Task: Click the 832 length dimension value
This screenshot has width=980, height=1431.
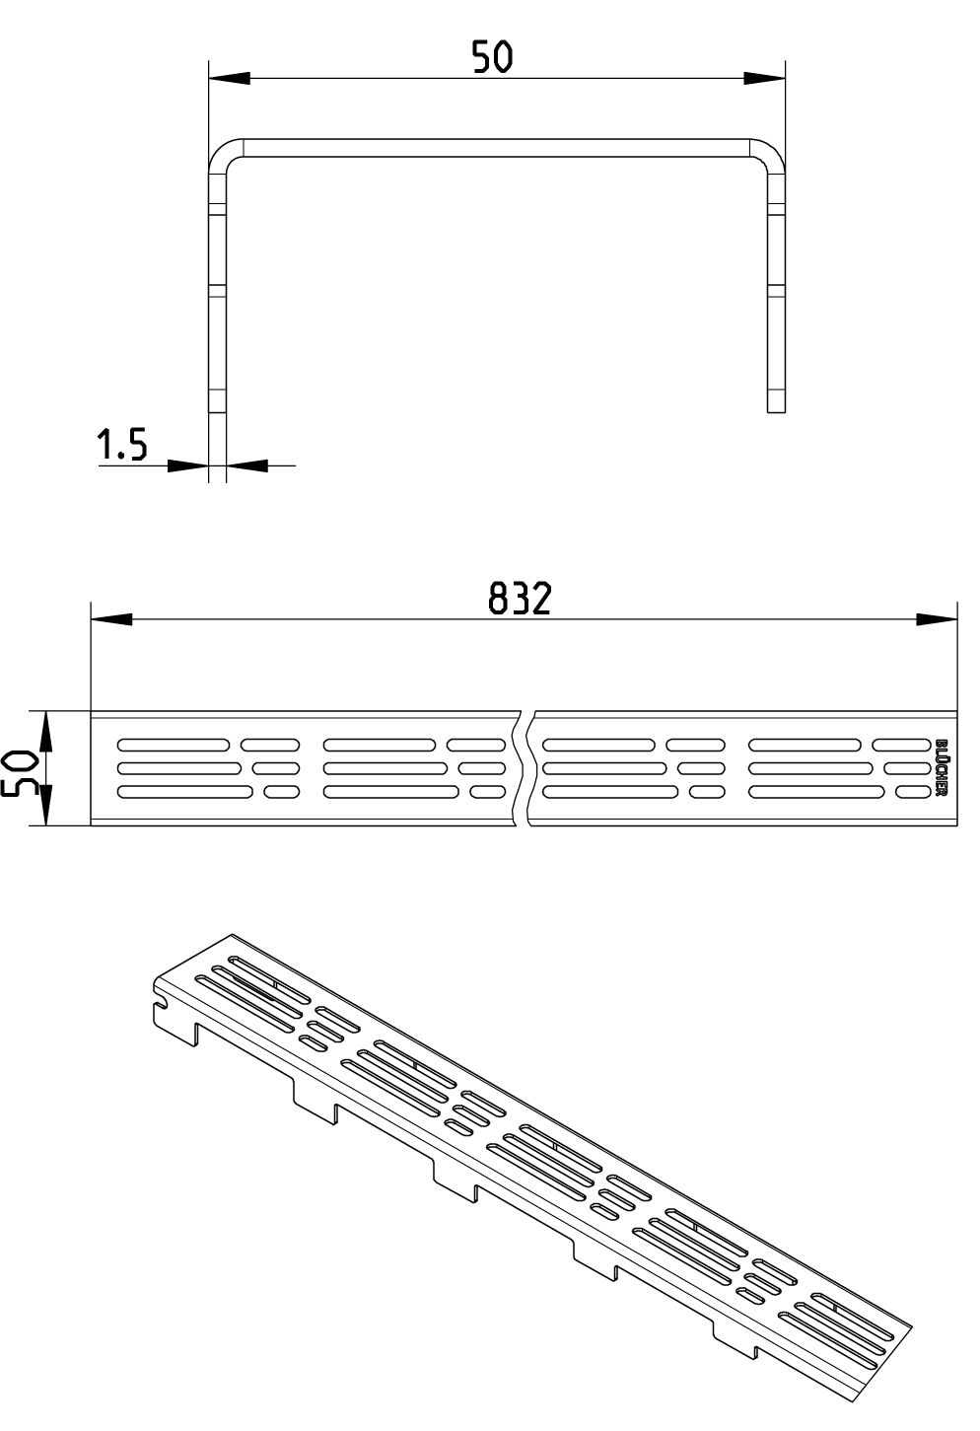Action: click(519, 599)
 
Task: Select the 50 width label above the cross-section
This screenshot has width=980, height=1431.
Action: click(492, 56)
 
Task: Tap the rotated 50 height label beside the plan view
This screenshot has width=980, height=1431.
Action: click(17, 773)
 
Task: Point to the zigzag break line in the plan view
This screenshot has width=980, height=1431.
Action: click(525, 768)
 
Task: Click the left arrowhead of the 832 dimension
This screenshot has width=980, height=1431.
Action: click(111, 619)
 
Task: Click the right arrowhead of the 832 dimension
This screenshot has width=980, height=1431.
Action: click(937, 619)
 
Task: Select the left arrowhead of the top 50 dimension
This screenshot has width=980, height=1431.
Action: click(230, 79)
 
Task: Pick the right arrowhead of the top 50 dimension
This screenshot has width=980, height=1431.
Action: click(764, 79)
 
